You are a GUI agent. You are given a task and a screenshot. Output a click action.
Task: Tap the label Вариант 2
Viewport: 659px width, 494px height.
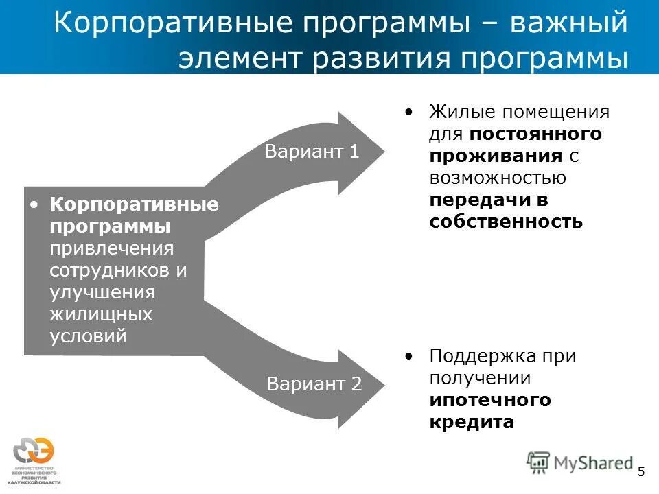(x=314, y=384)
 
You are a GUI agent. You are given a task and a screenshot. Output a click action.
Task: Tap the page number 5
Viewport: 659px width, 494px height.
(x=641, y=471)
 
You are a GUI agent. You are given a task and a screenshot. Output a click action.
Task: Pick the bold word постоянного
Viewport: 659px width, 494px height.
(x=536, y=133)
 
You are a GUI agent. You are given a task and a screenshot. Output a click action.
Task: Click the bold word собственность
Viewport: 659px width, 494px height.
(x=506, y=222)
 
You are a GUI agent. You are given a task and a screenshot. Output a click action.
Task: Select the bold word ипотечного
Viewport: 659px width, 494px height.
(x=490, y=400)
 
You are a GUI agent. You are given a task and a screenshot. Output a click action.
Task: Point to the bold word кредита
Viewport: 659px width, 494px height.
(x=472, y=422)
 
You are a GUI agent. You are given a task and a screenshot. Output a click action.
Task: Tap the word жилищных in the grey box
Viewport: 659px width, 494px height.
(x=100, y=314)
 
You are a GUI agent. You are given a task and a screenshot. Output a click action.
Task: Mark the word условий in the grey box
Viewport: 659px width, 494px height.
(x=88, y=336)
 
